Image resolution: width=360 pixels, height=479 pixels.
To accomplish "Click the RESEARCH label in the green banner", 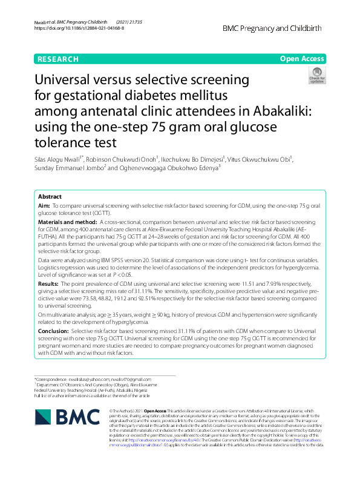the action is (x=58, y=59).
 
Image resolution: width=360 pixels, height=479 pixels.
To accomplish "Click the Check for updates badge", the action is (x=316, y=76).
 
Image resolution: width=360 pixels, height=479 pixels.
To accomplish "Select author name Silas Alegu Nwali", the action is (x=58, y=160).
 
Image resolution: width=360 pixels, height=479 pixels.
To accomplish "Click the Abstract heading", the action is (x=50, y=197).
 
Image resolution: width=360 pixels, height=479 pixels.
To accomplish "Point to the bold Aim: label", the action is (x=44, y=206).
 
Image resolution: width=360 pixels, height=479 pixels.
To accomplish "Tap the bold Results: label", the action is (x=48, y=283).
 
